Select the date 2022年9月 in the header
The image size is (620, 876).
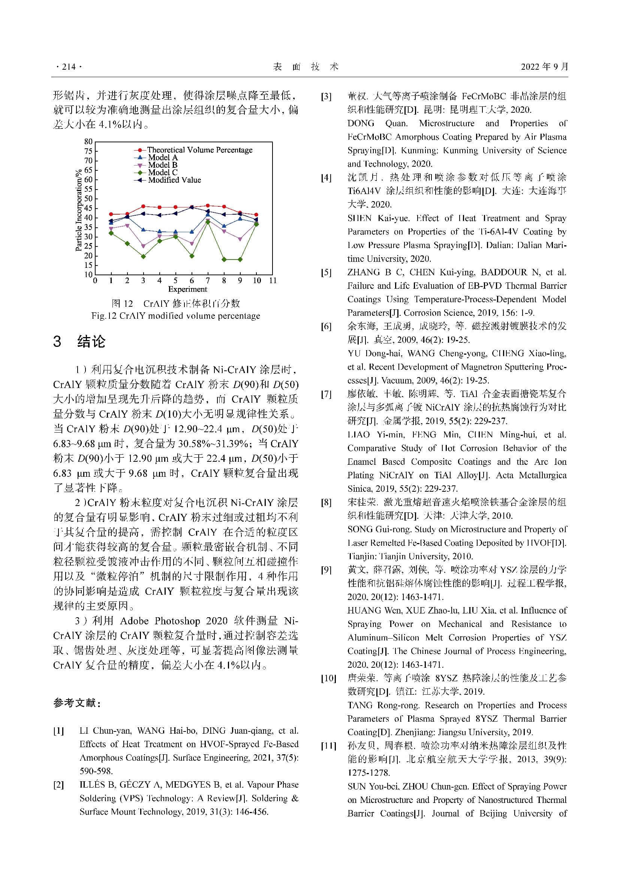coord(544,67)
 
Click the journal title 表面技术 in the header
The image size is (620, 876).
coord(306,67)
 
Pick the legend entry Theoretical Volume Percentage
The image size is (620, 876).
coord(199,150)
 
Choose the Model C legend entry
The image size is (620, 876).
coord(163,172)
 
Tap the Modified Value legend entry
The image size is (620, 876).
coord(174,180)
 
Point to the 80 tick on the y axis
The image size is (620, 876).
coord(88,142)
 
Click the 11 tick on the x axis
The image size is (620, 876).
coord(273,281)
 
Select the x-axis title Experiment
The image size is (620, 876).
coord(187,289)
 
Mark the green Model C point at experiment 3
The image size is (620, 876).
coord(143,257)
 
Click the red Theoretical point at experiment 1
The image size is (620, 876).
coord(111,214)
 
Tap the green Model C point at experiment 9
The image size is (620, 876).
coord(240,260)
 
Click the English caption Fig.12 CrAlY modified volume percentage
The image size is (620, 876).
coord(175,316)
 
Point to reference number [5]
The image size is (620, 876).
coord(326,273)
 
